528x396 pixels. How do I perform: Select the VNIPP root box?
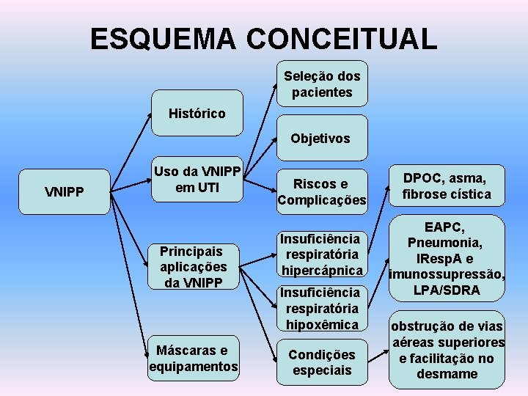[x=65, y=192]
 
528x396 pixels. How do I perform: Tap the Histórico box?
[x=197, y=113]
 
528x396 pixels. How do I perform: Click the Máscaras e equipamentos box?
[x=194, y=358]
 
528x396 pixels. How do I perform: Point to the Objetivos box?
[x=321, y=138]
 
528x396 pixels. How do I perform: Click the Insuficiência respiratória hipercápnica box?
[x=321, y=254]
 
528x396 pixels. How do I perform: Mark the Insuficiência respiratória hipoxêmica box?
[x=321, y=308]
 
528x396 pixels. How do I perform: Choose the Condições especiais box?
[x=321, y=362]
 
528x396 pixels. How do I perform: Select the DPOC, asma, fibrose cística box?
[x=447, y=185]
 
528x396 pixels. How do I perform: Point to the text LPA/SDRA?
[x=447, y=290]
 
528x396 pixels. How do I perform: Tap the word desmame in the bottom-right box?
[x=447, y=374]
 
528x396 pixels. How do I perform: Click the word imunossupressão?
[x=447, y=275]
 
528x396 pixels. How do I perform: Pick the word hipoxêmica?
[x=323, y=324]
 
